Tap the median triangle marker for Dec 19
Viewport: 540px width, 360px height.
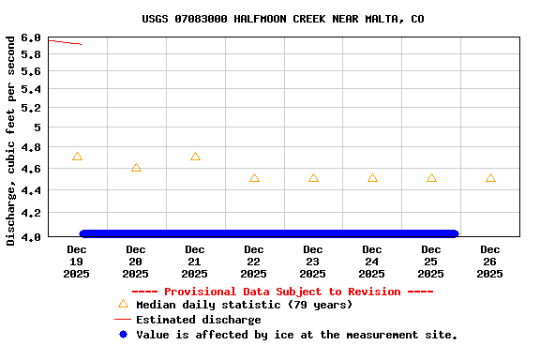tap(77, 157)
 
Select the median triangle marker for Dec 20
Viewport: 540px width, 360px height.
tap(136, 168)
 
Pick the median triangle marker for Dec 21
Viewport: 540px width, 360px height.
tap(195, 157)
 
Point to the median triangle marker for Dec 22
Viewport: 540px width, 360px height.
tap(254, 178)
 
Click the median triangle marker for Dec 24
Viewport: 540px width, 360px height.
tap(372, 178)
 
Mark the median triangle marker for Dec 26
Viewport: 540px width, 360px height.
tap(490, 178)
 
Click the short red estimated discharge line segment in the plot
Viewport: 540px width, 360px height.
tap(65, 42)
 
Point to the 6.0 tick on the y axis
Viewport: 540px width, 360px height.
tap(30, 37)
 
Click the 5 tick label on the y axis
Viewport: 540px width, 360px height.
tap(37, 127)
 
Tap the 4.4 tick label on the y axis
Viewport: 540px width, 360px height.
tap(30, 191)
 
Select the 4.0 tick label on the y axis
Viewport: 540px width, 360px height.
tap(30, 236)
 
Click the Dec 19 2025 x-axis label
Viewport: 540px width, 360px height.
tap(77, 262)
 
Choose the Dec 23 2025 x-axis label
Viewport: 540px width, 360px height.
tap(313, 262)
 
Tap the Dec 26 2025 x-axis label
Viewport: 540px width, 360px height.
tap(490, 262)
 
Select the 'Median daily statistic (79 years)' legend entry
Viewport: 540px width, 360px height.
tap(244, 305)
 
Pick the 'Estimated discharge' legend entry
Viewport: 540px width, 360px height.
tap(198, 320)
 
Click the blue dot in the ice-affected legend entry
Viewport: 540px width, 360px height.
tap(123, 334)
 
